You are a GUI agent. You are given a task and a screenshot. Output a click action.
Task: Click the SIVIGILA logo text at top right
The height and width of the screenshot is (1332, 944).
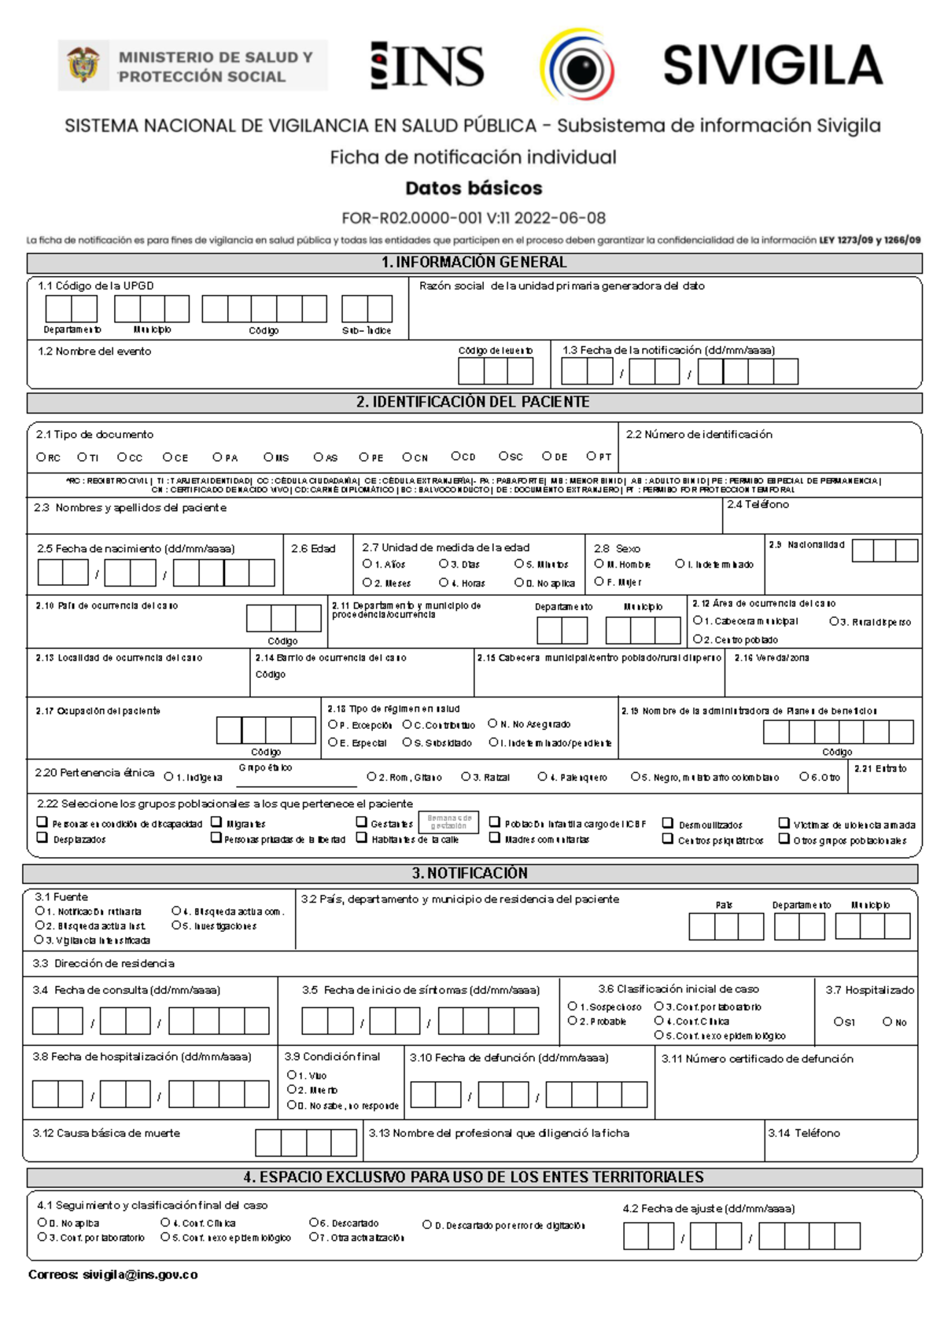773,64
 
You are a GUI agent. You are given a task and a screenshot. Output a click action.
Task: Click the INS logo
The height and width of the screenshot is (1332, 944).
427,65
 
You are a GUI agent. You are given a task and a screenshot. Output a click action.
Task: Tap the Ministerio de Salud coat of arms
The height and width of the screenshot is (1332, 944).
83,64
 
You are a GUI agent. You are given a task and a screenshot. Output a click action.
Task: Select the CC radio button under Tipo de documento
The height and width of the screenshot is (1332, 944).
123,457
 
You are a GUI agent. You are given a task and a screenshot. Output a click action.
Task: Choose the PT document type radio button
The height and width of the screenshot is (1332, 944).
592,456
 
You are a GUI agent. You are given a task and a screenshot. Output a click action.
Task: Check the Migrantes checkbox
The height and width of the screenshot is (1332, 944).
216,822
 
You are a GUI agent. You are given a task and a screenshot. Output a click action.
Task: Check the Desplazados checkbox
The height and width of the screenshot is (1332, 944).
42,838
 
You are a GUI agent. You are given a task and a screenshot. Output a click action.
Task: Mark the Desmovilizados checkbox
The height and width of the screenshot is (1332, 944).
668,823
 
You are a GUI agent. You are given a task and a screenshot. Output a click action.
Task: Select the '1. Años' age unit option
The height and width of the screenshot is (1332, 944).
367,564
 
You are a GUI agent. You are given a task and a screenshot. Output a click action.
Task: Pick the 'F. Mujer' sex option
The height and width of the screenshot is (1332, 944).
599,582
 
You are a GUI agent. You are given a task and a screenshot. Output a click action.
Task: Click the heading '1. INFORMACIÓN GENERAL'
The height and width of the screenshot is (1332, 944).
474,263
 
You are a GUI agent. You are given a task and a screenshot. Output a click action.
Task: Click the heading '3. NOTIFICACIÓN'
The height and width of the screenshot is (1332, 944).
470,873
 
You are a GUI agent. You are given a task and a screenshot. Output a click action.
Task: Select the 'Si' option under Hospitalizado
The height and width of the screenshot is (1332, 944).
839,1021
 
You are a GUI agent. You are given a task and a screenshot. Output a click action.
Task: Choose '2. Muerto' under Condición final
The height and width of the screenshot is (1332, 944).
292,1089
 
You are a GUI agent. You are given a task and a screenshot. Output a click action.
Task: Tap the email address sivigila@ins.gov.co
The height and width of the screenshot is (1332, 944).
140,1275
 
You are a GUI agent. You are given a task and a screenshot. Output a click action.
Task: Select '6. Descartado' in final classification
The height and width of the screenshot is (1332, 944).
314,1223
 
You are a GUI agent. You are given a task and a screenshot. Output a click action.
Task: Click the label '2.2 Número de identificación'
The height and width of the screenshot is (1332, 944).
699,434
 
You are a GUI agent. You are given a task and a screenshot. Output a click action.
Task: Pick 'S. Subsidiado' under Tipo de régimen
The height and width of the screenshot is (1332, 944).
407,742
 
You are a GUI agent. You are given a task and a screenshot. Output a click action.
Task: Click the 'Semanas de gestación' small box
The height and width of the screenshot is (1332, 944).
449,822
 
